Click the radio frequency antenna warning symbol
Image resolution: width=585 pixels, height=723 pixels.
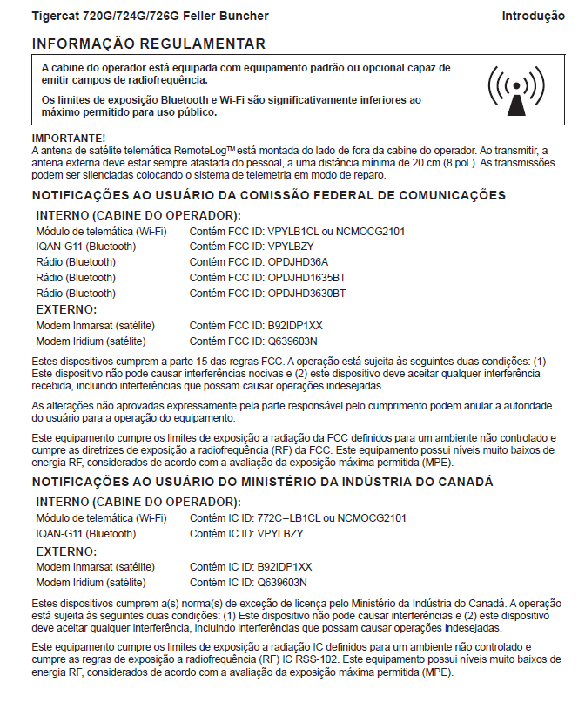tap(517, 90)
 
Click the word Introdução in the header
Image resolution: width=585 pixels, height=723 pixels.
tap(533, 17)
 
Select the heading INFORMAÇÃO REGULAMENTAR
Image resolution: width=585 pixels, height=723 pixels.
tap(149, 44)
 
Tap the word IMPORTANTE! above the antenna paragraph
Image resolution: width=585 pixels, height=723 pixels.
tap(69, 139)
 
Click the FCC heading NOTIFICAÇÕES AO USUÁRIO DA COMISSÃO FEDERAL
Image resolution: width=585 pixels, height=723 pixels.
tap(268, 195)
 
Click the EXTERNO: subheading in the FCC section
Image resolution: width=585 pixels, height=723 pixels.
tap(66, 309)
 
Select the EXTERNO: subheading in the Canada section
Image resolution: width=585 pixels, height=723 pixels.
tap(66, 551)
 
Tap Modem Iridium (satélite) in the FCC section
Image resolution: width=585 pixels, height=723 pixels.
tap(91, 341)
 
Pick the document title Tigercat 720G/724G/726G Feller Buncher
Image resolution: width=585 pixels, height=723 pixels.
tap(150, 17)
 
